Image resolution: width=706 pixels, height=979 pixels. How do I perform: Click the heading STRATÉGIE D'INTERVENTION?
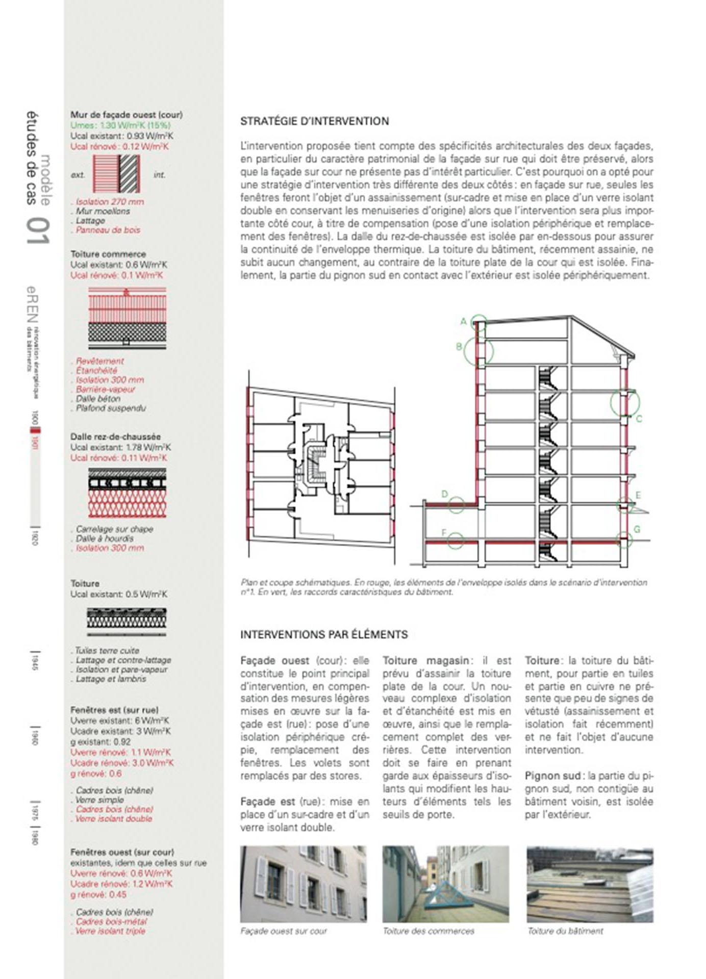click(315, 121)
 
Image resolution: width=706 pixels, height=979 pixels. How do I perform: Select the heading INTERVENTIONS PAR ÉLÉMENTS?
click(324, 635)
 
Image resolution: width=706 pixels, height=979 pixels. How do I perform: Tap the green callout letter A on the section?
click(464, 321)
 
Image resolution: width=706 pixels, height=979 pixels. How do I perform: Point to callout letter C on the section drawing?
click(639, 419)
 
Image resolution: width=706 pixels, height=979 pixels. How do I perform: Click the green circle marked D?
click(456, 504)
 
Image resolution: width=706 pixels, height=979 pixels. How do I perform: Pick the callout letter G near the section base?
click(637, 529)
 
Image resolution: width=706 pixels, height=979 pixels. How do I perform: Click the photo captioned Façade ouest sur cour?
click(303, 885)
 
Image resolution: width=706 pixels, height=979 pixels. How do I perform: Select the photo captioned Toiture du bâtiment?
click(589, 885)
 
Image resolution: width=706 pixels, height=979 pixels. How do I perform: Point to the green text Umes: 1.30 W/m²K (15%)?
click(120, 125)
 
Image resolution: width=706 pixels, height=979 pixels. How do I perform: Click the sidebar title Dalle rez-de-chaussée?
click(115, 437)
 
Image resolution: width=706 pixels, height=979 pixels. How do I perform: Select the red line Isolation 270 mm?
click(110, 202)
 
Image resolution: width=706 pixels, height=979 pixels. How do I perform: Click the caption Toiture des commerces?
click(428, 931)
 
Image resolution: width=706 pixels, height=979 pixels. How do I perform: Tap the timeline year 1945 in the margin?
click(34, 660)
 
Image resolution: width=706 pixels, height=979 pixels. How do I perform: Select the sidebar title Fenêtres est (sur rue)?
click(114, 710)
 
